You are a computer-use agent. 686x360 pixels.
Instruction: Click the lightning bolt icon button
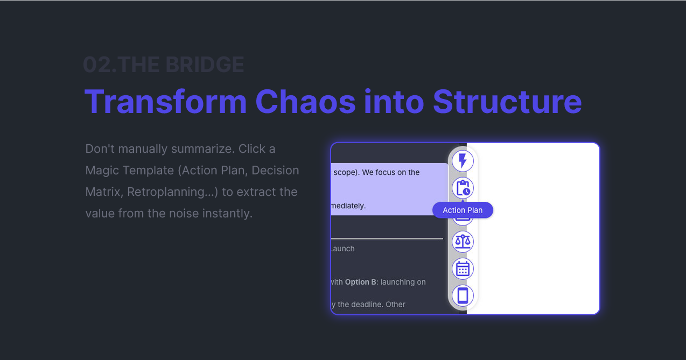pyautogui.click(x=463, y=161)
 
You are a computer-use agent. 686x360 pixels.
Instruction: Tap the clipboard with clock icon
pyautogui.click(x=463, y=188)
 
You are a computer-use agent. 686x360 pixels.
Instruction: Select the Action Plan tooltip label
pyautogui.click(x=463, y=210)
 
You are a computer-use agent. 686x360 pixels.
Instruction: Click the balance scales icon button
pyautogui.click(x=463, y=242)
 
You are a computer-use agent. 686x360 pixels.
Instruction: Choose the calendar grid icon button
pyautogui.click(x=463, y=269)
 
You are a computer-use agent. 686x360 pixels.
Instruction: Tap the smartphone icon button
pyautogui.click(x=463, y=295)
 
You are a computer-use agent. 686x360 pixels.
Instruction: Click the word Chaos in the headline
pyautogui.click(x=305, y=101)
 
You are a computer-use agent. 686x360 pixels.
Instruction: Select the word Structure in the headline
pyautogui.click(x=507, y=101)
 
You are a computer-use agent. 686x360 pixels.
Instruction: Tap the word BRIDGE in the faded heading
pyautogui.click(x=205, y=65)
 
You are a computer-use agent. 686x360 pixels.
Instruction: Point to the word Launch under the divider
pyautogui.click(x=342, y=249)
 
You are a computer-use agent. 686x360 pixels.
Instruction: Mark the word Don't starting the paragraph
pyautogui.click(x=100, y=149)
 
